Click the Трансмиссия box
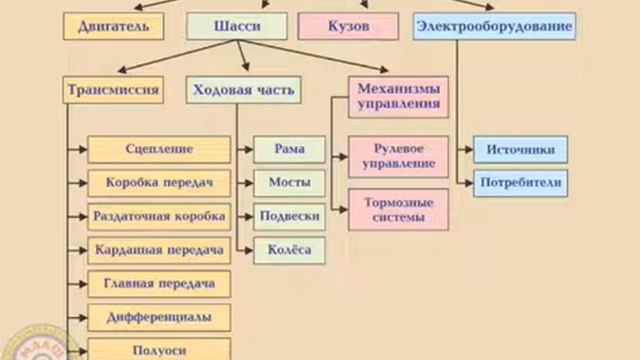(x=113, y=90)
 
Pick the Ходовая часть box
(x=241, y=90)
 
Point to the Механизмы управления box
(x=398, y=96)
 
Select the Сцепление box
(x=160, y=150)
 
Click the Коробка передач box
(x=160, y=183)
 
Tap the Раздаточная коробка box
(x=160, y=216)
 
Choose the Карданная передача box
(x=160, y=249)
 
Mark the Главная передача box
(x=160, y=283)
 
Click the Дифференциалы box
(x=160, y=317)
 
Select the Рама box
(x=289, y=150)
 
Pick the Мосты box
(x=289, y=183)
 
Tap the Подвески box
(x=289, y=216)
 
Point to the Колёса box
(x=289, y=249)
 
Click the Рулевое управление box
(x=397, y=155)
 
